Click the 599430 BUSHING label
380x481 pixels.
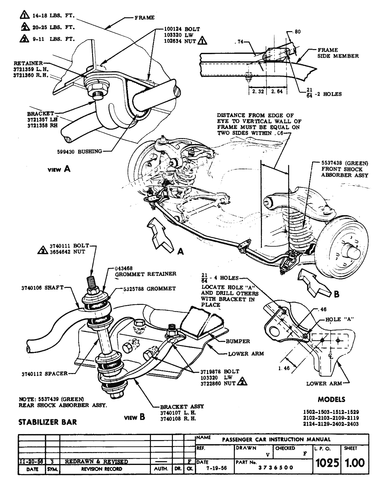point(81,151)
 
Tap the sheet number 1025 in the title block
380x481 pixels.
point(327,463)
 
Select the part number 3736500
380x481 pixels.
point(275,467)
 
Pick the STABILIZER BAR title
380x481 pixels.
point(47,422)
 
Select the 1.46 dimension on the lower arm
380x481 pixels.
point(284,368)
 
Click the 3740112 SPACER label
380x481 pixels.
point(44,373)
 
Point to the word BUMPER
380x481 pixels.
point(238,341)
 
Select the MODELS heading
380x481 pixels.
point(331,400)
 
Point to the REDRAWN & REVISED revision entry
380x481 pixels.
point(96,461)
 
